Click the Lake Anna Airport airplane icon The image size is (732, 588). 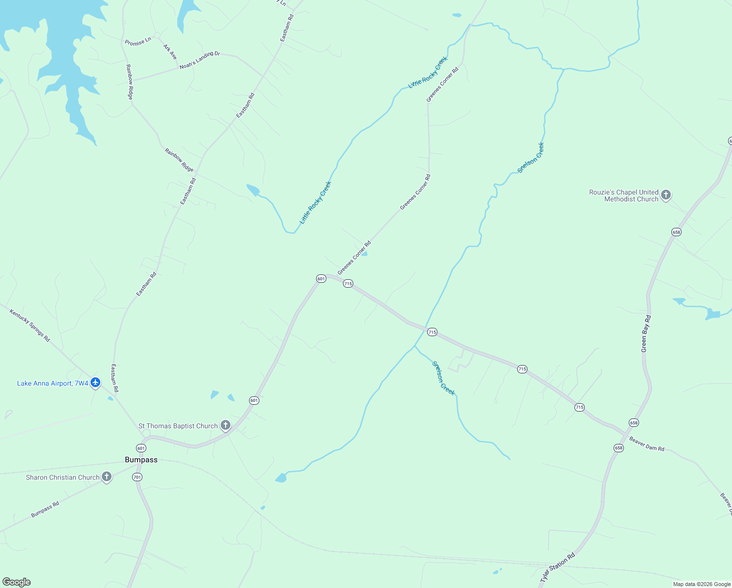tap(95, 383)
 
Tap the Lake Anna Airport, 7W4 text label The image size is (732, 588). tap(52, 383)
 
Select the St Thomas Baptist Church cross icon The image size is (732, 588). tap(226, 425)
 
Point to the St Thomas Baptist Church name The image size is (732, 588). tap(178, 426)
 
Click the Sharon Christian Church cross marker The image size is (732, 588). tap(107, 477)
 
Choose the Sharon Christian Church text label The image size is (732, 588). tap(63, 477)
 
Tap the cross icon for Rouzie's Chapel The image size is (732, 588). tap(665, 195)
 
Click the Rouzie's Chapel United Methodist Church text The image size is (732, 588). tap(624, 196)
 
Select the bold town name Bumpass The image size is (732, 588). tap(141, 460)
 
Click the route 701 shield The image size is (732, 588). tap(137, 477)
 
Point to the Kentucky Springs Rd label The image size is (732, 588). tap(30, 325)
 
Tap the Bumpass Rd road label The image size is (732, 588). tap(45, 509)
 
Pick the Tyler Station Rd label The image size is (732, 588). tap(557, 568)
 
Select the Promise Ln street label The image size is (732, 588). tap(138, 42)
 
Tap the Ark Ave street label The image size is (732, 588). tap(170, 52)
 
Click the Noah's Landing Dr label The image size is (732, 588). tap(200, 60)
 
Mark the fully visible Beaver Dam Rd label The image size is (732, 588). tap(646, 444)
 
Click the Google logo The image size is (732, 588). tap(17, 582)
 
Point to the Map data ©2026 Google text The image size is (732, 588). tap(702, 584)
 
